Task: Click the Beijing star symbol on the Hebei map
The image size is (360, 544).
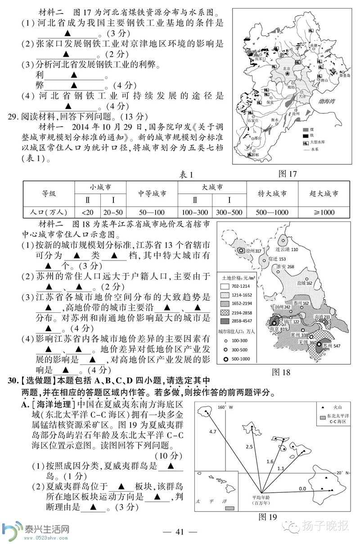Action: [287, 73]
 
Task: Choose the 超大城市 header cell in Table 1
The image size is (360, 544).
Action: [324, 193]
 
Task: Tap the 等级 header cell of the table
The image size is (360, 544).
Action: [49, 193]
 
